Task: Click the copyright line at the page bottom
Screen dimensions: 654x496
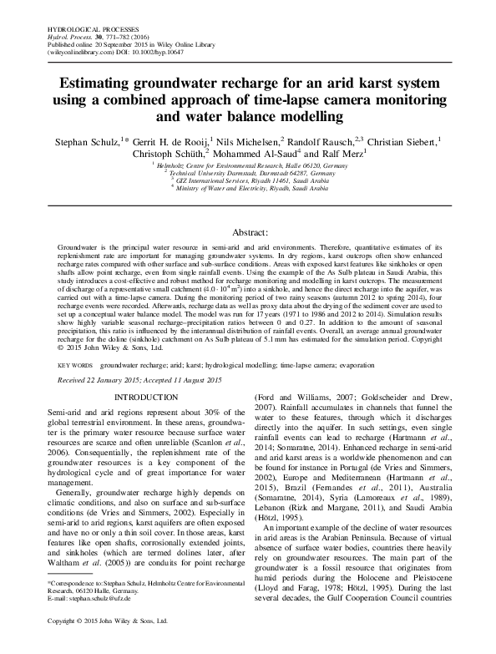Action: click(110, 646)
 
